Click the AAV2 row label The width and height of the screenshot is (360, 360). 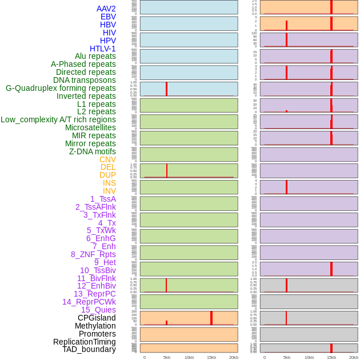point(106,9)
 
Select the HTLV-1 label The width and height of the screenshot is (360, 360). point(102,49)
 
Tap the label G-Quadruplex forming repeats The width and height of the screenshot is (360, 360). point(61,88)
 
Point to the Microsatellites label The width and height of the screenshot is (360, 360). point(90,127)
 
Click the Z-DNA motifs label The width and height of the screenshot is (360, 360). point(92,151)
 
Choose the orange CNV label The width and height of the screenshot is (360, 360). point(107,159)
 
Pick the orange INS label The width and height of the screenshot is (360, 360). point(109,183)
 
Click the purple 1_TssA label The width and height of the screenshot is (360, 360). point(103,199)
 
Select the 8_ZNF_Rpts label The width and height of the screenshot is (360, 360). point(93,254)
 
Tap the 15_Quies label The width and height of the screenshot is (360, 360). point(98,310)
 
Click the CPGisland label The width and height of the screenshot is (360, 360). point(97,318)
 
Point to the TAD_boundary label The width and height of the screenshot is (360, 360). point(89,349)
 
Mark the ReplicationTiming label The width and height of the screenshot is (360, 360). point(84,342)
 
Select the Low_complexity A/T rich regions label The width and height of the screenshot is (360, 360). point(58,119)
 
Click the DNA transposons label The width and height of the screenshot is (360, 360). point(85,80)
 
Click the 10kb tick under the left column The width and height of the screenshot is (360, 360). point(189,357)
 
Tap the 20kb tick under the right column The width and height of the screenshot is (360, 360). point(354,357)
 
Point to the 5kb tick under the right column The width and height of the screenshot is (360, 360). point(287,357)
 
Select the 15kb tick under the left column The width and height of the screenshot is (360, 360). point(211,357)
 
